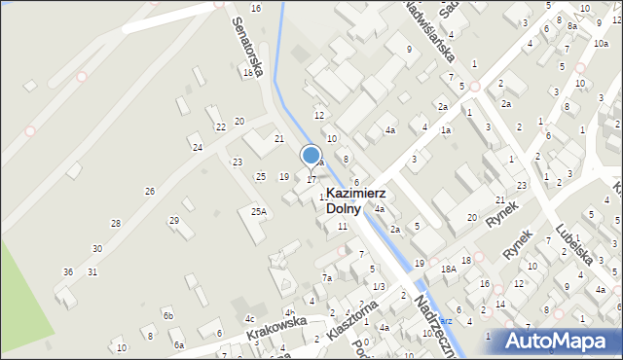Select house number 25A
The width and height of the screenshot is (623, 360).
[x=258, y=211]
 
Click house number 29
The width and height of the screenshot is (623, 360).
[x=174, y=221]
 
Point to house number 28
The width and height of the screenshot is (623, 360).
[x=116, y=224]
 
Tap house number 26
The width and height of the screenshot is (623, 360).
[x=150, y=191]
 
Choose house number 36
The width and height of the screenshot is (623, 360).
[x=68, y=271]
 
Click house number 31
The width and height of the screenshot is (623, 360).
[x=92, y=271]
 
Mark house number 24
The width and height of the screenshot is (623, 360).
[x=198, y=147]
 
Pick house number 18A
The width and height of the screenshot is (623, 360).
[x=448, y=269]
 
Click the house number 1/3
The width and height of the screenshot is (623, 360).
[x=379, y=286]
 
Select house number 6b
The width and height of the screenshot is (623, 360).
[x=168, y=315]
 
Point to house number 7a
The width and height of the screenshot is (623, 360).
[x=328, y=278]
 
